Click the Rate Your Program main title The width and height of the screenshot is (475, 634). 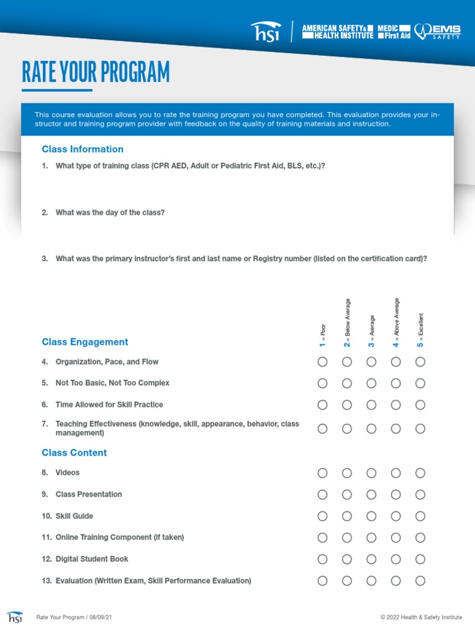[95, 72]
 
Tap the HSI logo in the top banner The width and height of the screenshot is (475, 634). [265, 32]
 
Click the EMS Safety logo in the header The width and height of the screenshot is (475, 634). [437, 32]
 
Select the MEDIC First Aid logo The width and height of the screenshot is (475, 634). [394, 32]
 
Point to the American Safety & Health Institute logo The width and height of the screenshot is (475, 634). [338, 32]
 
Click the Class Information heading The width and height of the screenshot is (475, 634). [82, 149]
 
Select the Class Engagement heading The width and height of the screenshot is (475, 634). [85, 342]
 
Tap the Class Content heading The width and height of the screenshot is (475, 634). [74, 453]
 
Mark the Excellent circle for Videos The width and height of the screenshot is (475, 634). [420, 473]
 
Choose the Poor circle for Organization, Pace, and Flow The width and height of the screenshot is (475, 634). [322, 362]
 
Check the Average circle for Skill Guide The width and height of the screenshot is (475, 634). [371, 516]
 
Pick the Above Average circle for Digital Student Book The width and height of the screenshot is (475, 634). [396, 559]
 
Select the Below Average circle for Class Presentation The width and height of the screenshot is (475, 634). [347, 495]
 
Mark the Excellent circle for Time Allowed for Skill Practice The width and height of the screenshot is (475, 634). [420, 405]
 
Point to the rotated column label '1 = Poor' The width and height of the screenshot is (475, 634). [323, 336]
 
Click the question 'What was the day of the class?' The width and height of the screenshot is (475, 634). [110, 212]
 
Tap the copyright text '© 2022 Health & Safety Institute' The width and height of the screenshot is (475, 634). [421, 617]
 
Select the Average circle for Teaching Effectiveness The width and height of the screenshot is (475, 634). [371, 428]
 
